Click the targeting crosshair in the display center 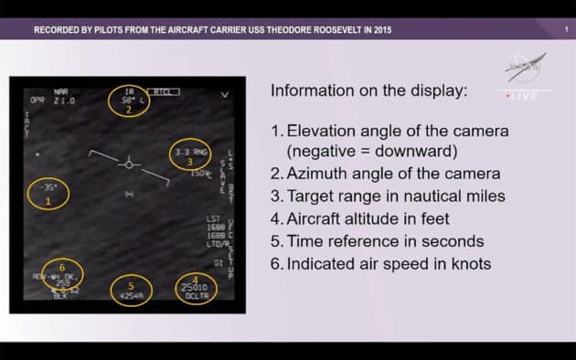129,164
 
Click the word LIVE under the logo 526,95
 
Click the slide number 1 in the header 566,29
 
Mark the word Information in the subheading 311,91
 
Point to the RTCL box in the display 165,91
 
